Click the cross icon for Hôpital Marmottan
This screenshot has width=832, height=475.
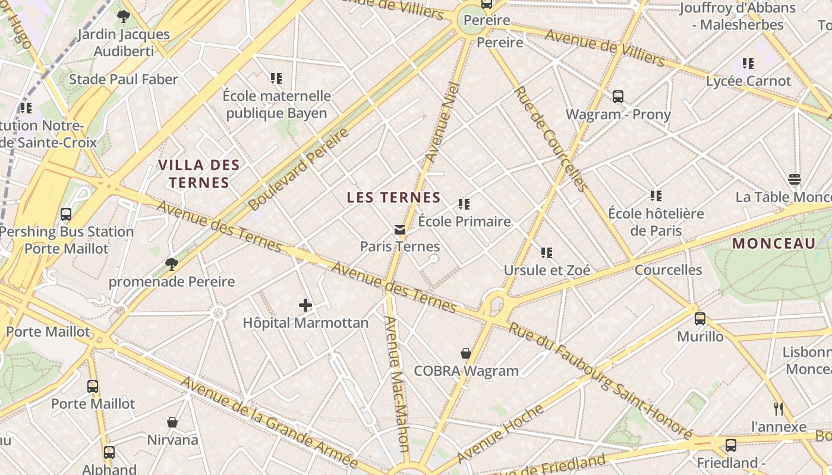click(x=305, y=305)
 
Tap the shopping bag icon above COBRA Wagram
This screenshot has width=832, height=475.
click(x=466, y=353)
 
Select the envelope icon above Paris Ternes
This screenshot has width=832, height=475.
click(x=400, y=229)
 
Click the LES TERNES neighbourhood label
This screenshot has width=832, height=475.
click(x=393, y=198)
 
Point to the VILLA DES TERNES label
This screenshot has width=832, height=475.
click(x=198, y=174)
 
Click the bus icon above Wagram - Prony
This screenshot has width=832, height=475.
click(x=618, y=97)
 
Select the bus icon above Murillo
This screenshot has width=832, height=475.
click(x=700, y=319)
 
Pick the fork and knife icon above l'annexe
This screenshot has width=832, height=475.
click(x=779, y=408)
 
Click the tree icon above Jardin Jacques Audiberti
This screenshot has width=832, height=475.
click(x=124, y=17)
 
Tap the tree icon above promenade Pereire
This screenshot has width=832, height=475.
click(x=172, y=264)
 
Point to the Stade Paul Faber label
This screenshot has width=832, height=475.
click(x=124, y=80)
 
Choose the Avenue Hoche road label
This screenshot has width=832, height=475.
click(x=500, y=434)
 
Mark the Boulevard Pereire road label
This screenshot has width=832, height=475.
click(x=299, y=169)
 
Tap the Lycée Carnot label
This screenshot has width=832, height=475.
click(x=748, y=81)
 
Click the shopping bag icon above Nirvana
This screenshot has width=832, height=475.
click(x=172, y=422)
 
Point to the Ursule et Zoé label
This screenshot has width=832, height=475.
click(x=547, y=270)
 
